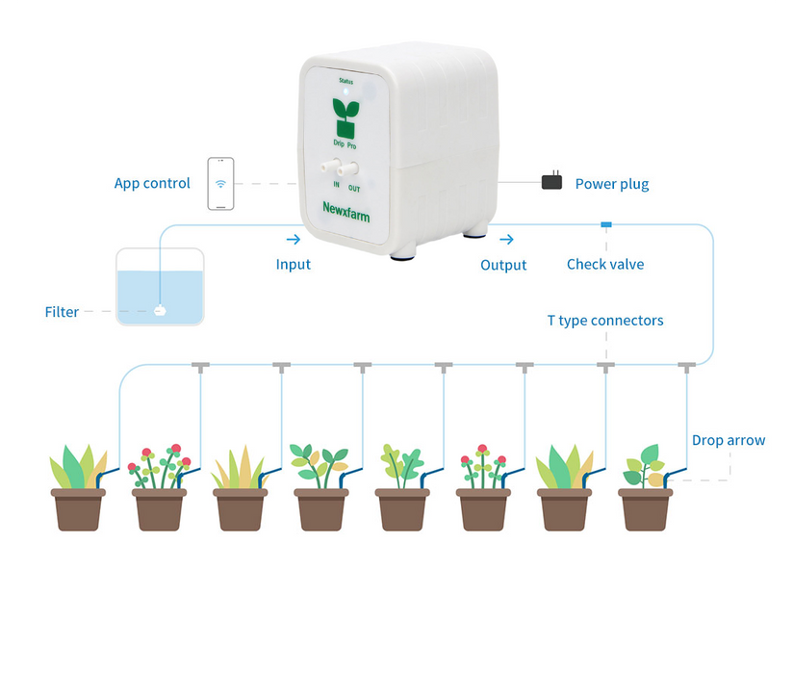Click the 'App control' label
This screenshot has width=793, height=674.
152,184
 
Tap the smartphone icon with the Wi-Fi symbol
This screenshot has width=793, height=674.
220,183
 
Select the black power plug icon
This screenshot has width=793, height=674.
551,181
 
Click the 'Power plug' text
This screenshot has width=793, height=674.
612,184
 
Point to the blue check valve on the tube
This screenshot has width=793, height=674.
605,225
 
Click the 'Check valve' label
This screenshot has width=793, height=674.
605,265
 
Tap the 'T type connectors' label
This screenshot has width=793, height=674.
605,321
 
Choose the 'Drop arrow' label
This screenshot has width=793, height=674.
729,441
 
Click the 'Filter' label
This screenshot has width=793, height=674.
62,312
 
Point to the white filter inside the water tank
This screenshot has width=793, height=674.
160,311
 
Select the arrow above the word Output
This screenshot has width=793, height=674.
506,240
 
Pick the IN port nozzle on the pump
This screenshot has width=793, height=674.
337,167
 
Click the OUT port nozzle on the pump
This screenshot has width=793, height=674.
354,167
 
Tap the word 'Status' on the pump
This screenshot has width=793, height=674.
346,82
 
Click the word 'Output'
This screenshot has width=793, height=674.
503,265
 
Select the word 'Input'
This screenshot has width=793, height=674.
294,265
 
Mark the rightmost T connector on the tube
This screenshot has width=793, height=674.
685,366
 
